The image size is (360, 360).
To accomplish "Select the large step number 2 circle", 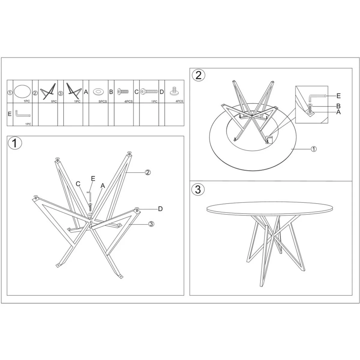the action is (198, 75).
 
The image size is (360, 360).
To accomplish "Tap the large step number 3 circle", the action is (198, 189).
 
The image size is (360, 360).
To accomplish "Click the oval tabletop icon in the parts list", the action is (22, 91).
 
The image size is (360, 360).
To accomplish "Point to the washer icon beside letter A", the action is (98, 92).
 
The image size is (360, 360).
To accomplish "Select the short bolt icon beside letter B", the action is (123, 91).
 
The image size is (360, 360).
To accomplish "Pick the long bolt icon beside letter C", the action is (149, 91).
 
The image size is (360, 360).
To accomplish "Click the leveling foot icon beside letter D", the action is (174, 91).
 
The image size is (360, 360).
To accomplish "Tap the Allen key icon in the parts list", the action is (23, 114).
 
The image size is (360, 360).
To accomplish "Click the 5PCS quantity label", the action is (103, 101).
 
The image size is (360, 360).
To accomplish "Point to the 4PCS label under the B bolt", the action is (128, 101).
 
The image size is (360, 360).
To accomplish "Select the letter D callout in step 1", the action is (160, 209).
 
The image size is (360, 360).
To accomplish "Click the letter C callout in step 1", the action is (78, 184).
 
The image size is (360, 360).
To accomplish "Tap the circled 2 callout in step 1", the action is (148, 172).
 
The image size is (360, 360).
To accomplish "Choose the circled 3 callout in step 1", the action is (151, 224).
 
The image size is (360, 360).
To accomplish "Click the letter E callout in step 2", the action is (338, 96).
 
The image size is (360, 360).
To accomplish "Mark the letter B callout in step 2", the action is (338, 106).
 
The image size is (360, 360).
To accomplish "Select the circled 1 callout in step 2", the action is (314, 149).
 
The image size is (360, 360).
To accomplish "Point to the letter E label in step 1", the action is (93, 178).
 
